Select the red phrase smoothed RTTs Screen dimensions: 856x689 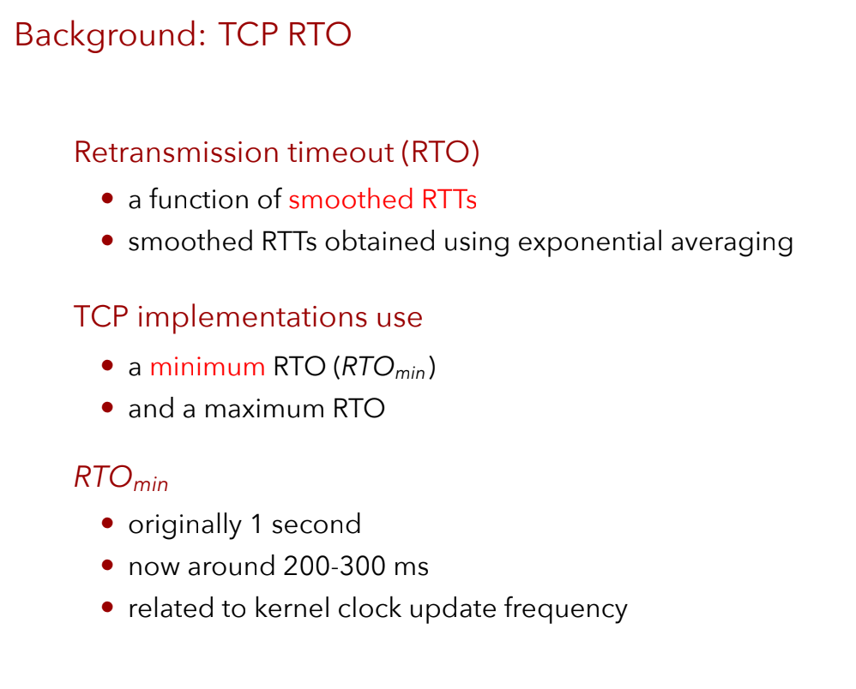pyautogui.click(x=383, y=199)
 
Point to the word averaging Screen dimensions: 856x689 pyautogui.click(x=732, y=243)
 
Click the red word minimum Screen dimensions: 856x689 pyautogui.click(x=208, y=367)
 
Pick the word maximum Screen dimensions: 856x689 pyautogui.click(x=264, y=409)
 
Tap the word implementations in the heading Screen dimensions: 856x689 pyautogui.click(x=252, y=317)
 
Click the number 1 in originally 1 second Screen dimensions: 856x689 pyautogui.click(x=256, y=524)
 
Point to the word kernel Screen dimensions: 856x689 pyautogui.click(x=292, y=608)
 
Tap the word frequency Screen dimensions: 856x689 pyautogui.click(x=565, y=609)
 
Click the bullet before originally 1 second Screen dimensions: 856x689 pyautogui.click(x=107, y=524)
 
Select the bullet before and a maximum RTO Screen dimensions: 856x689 pyautogui.click(x=107, y=408)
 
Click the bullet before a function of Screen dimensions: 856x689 pyautogui.click(x=107, y=198)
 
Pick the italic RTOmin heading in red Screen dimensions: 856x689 pyautogui.click(x=121, y=478)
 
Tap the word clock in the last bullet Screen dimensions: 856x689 pyautogui.click(x=370, y=608)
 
